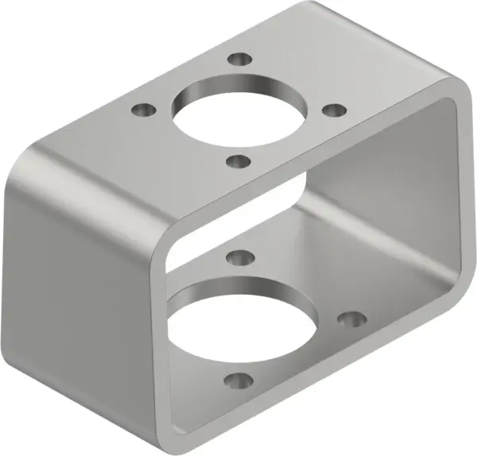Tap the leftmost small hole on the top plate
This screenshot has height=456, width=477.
pyautogui.click(x=142, y=109)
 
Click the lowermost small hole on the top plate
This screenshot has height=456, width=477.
pyautogui.click(x=237, y=160)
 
